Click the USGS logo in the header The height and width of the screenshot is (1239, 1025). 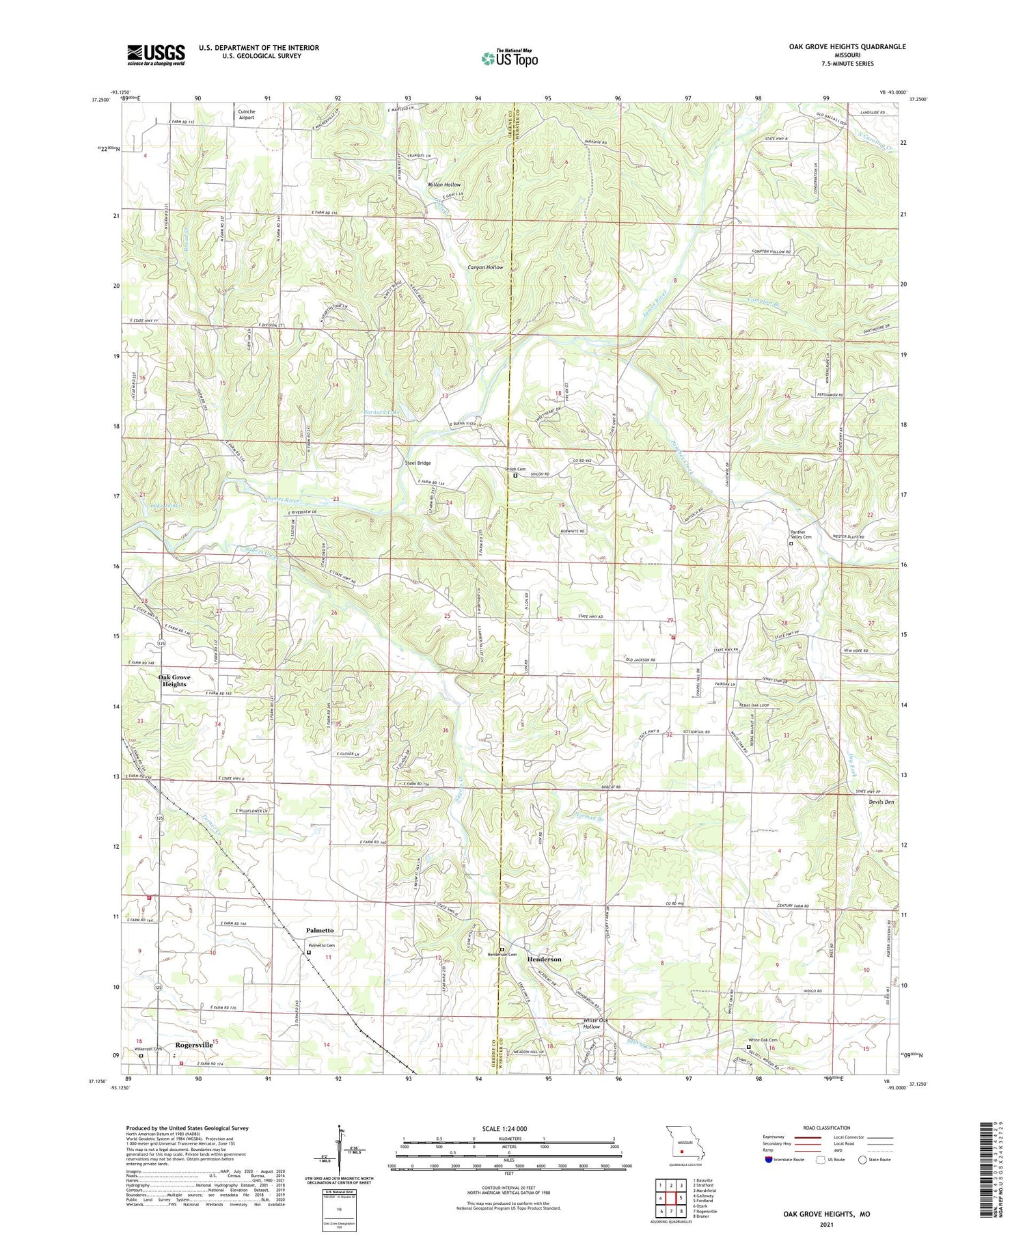tap(156, 55)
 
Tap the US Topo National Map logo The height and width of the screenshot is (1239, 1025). tap(509, 59)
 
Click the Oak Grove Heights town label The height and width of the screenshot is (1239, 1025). tap(174, 681)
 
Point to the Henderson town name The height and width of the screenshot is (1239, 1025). tap(544, 959)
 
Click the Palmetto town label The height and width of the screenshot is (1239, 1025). tap(320, 930)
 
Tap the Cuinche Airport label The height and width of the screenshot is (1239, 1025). tap(246, 114)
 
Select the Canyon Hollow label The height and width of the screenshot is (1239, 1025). tap(485, 267)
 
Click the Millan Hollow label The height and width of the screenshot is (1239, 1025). tap(443, 185)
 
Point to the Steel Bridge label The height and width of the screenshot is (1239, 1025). tap(418, 463)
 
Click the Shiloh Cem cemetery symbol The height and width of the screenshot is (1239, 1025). tap(515, 476)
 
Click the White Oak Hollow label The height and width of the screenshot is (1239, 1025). tap(591, 1023)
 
